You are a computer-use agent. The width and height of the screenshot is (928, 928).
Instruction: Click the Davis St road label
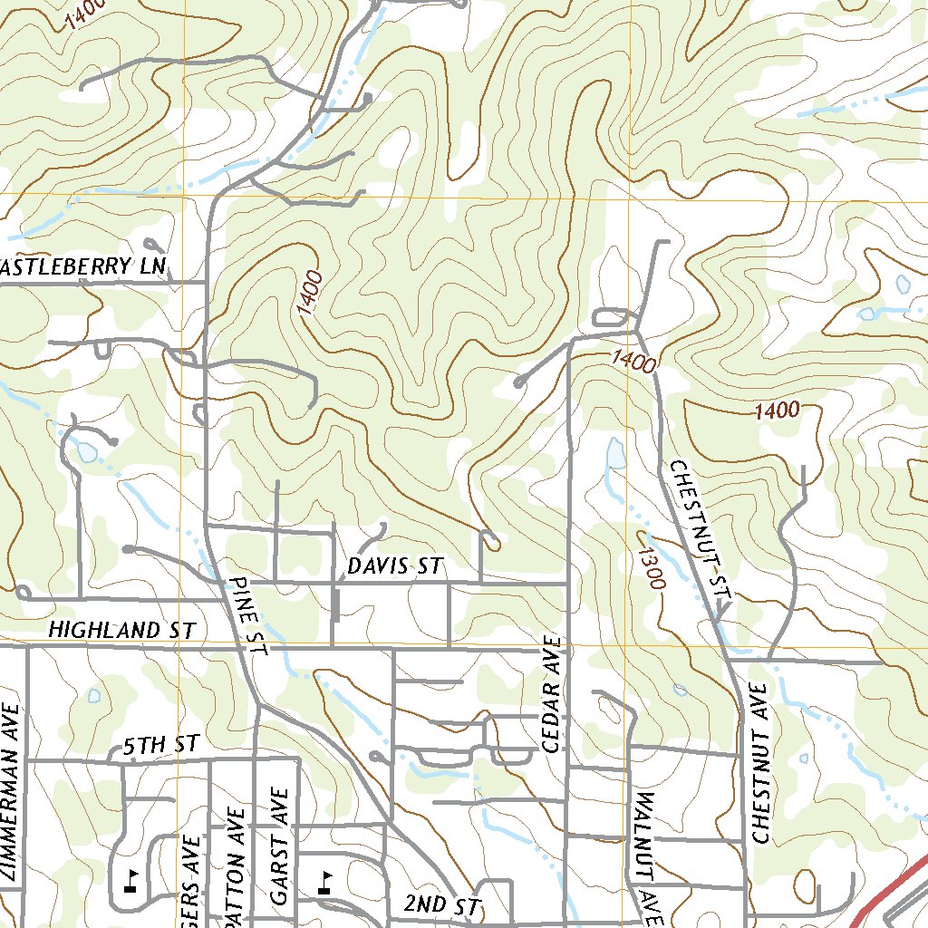[394, 567]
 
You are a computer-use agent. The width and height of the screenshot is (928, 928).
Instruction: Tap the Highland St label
[121, 630]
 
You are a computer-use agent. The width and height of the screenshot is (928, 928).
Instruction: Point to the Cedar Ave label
[552, 694]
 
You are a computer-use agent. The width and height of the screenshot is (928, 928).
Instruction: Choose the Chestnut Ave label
[759, 763]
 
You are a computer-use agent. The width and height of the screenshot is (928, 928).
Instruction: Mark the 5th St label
[160, 746]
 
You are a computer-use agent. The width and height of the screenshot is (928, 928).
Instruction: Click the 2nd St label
[440, 904]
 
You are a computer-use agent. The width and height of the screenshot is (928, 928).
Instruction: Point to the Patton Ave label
[235, 865]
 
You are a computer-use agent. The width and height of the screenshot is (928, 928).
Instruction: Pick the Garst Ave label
[280, 847]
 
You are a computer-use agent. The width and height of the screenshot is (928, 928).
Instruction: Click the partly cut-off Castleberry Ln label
[84, 266]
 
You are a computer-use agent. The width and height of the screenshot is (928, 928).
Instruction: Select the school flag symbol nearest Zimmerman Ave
[130, 880]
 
